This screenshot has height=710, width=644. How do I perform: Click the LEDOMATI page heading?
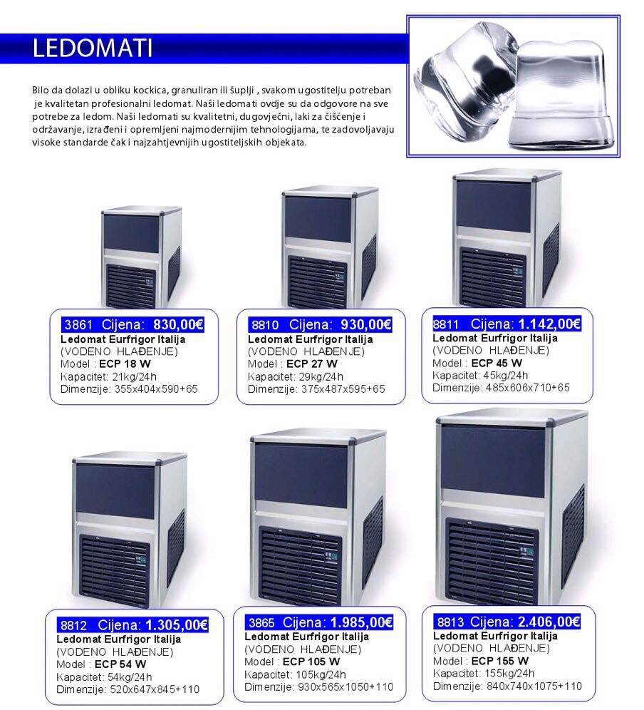click(93, 48)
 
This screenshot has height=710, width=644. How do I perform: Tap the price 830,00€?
click(178, 324)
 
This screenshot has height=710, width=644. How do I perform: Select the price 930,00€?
click(366, 324)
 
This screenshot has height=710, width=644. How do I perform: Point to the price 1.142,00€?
click(549, 324)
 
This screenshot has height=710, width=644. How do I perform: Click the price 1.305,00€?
click(177, 625)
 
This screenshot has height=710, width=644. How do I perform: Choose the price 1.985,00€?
click(362, 622)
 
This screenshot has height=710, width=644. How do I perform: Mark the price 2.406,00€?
click(549, 622)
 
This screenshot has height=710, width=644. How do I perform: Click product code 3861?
click(78, 325)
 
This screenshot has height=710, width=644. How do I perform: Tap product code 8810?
click(265, 325)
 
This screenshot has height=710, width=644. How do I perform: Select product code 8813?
click(450, 622)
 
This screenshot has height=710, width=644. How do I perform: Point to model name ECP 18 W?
click(125, 364)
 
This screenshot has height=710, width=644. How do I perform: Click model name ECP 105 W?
click(311, 662)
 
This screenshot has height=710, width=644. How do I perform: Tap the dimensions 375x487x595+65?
click(343, 389)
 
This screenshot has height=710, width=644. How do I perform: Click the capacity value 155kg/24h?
click(509, 674)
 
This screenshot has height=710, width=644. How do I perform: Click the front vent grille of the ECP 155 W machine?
click(492, 560)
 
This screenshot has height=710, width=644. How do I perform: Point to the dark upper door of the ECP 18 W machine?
click(131, 234)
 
